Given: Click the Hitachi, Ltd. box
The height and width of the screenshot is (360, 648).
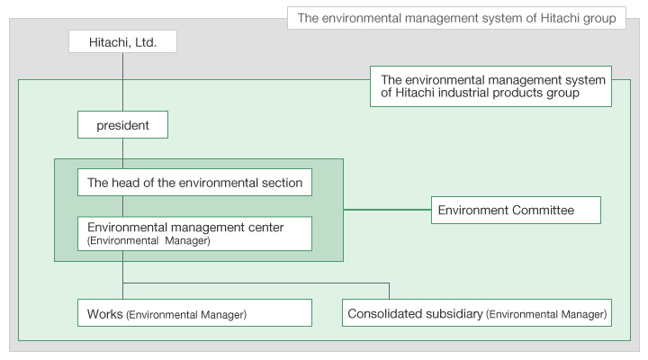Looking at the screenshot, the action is [122, 41].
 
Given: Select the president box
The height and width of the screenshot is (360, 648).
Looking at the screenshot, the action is [122, 124].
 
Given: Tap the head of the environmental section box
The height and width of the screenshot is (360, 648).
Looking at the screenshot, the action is [194, 183].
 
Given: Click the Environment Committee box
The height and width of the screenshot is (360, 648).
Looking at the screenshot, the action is [517, 210].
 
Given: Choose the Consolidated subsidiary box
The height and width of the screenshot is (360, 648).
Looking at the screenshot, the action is [477, 313].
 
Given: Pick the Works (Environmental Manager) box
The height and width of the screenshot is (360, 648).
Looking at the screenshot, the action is [194, 313].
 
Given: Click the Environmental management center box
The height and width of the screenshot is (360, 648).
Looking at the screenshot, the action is [194, 233].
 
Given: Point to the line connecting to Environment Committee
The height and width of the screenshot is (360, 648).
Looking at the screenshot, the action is [387, 210].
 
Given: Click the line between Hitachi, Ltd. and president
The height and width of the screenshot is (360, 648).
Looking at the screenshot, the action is [122, 82].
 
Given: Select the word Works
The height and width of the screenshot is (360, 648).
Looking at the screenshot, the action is [105, 314].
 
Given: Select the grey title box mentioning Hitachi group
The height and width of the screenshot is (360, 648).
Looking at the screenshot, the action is [456, 18].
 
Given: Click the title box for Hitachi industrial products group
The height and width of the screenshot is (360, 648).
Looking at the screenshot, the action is [491, 86].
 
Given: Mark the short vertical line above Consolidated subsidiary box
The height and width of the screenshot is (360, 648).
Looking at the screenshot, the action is [389, 291].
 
